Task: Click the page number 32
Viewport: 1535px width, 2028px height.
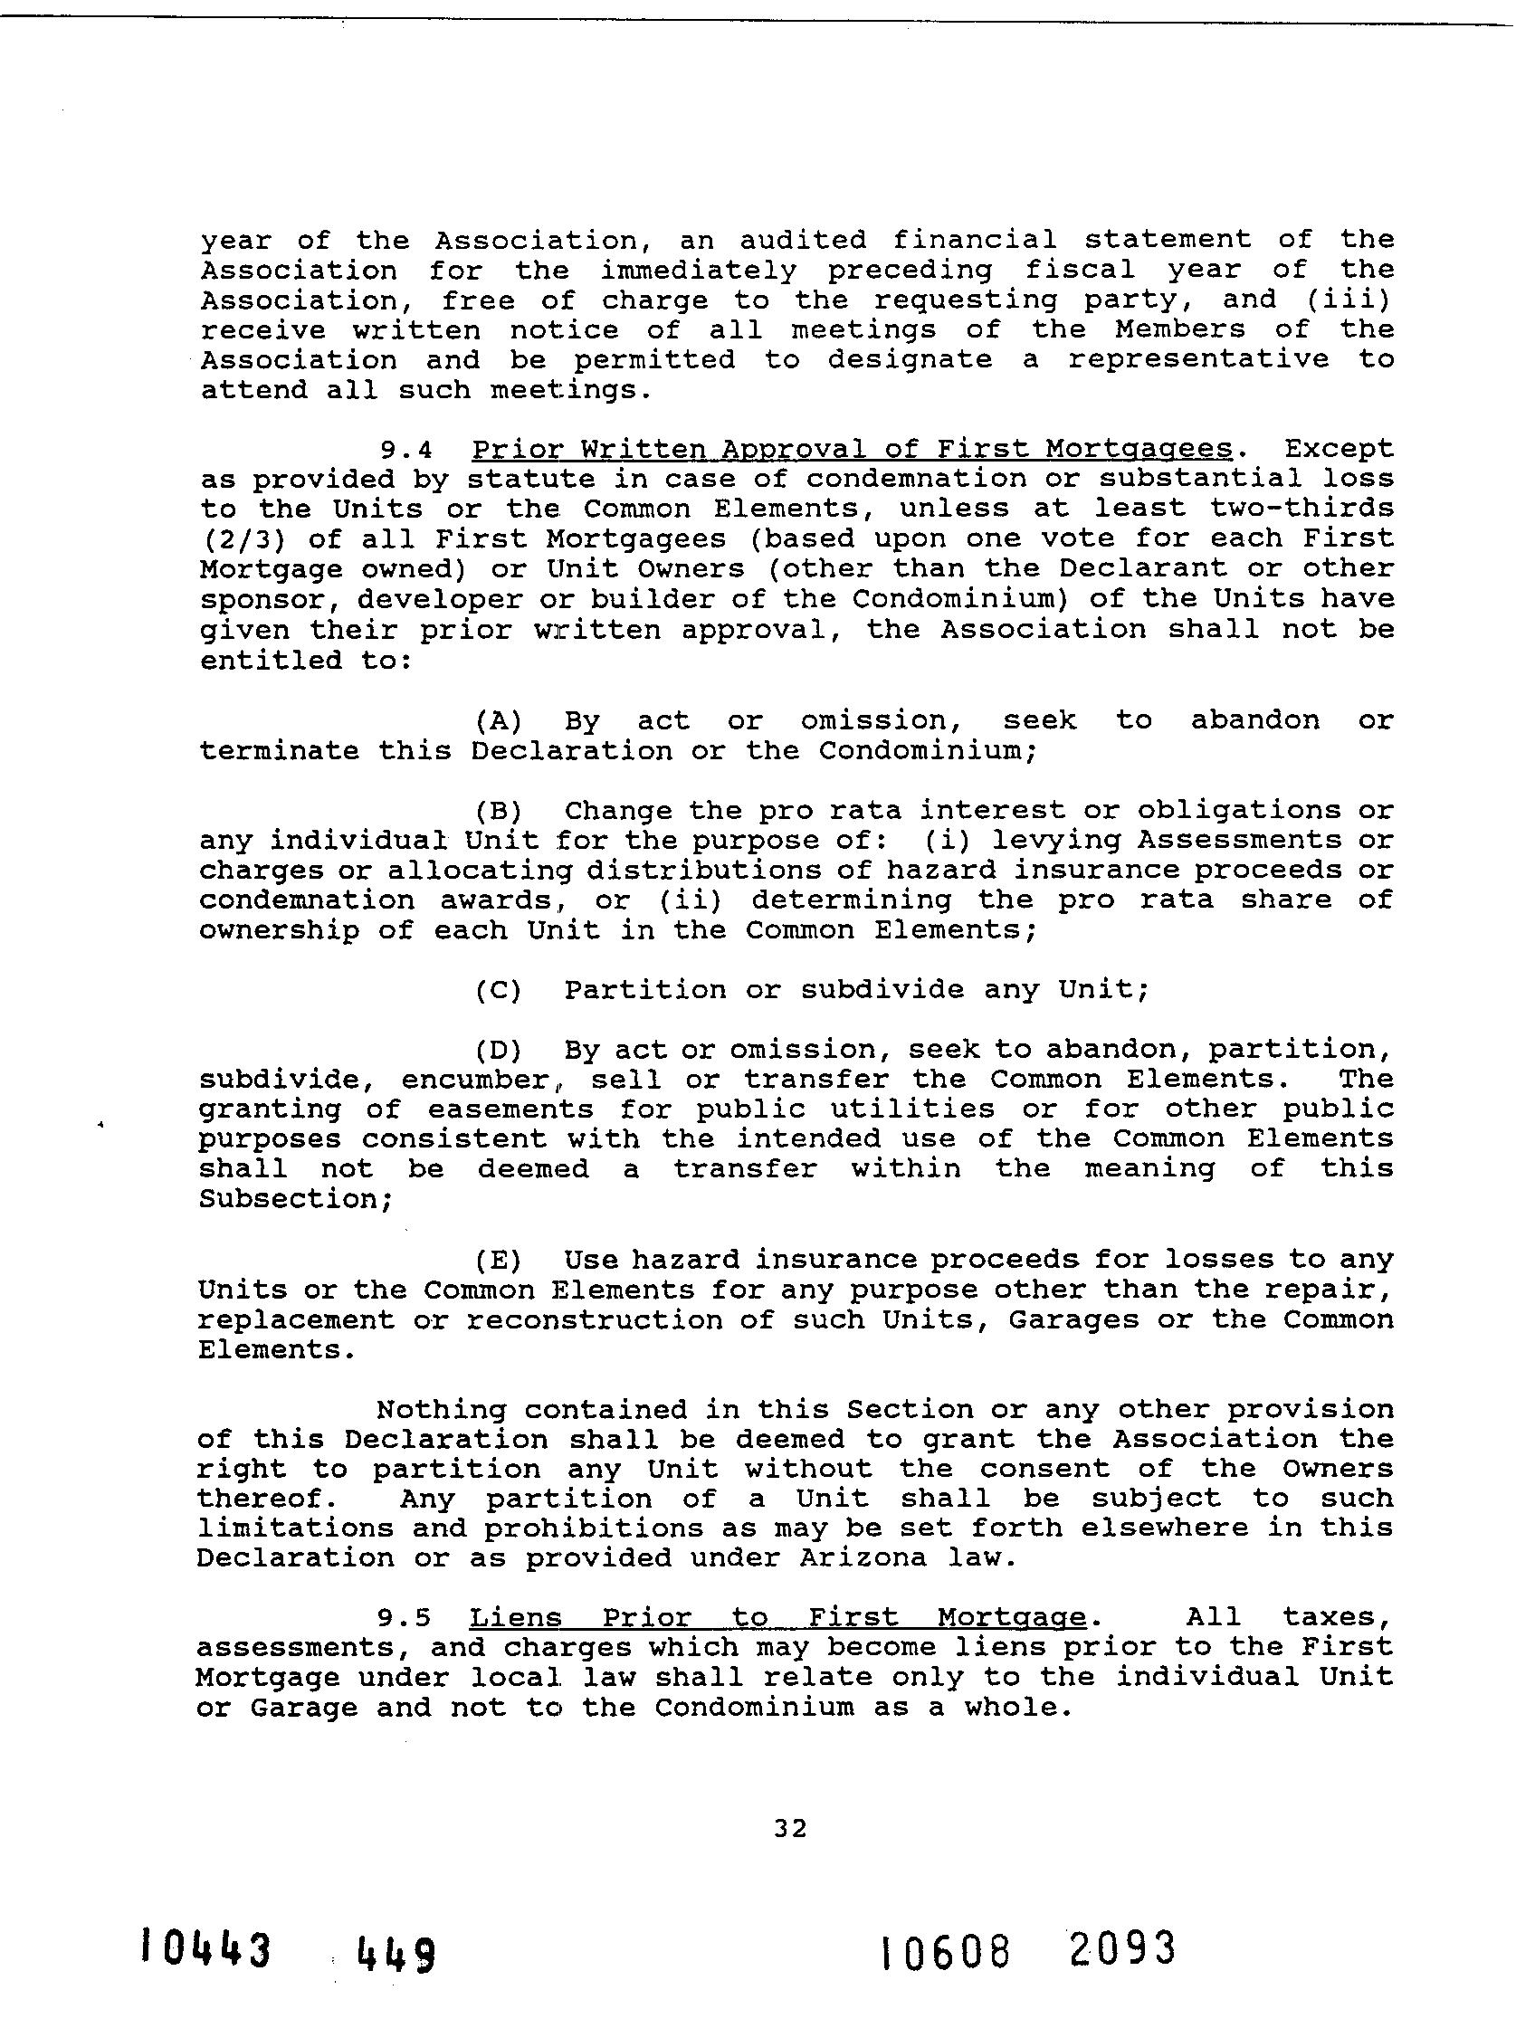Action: coord(789,1828)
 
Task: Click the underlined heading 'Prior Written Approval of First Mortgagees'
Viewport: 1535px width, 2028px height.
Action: coord(852,449)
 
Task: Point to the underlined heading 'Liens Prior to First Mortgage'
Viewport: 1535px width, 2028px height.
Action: coord(777,1616)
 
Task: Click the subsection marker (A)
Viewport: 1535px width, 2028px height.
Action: coord(498,720)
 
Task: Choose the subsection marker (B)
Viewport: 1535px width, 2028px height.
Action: coord(498,811)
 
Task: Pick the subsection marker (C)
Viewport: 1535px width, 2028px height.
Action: coord(498,990)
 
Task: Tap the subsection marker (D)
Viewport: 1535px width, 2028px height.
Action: coord(498,1050)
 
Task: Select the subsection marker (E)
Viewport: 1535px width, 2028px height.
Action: coord(498,1260)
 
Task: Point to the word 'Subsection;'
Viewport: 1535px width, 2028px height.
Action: coord(295,1199)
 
